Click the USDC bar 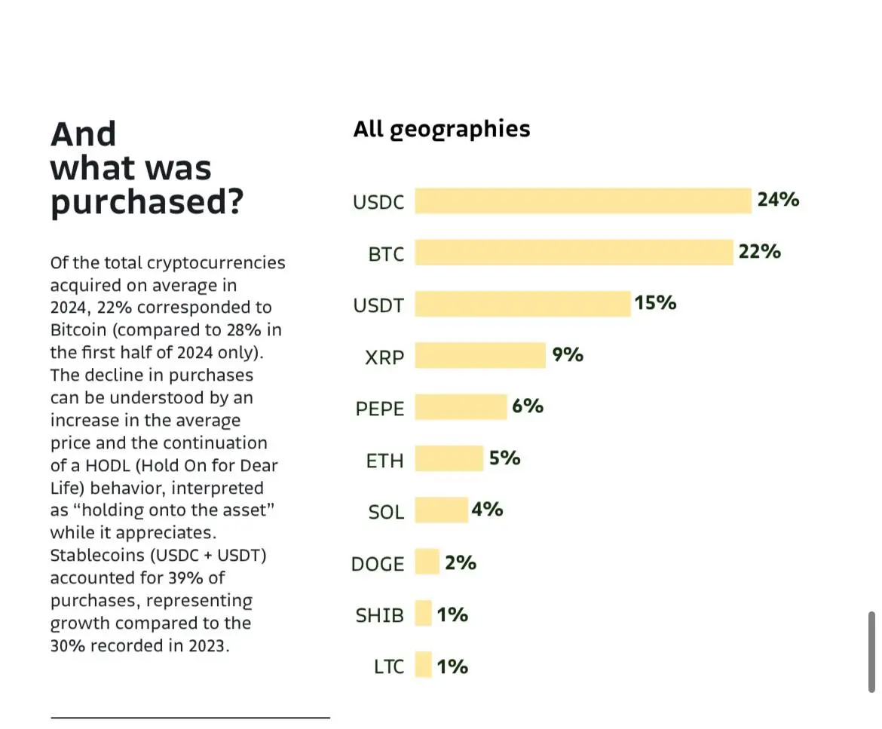pyautogui.click(x=583, y=201)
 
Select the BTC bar pyautogui.click(x=574, y=253)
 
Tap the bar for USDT pyautogui.click(x=522, y=304)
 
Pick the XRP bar pyautogui.click(x=480, y=355)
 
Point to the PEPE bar pyautogui.click(x=461, y=407)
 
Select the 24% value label pyautogui.click(x=778, y=200)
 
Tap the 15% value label pyautogui.click(x=655, y=303)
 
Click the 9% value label pyautogui.click(x=568, y=354)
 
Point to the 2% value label pyautogui.click(x=461, y=563)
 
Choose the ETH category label pyautogui.click(x=385, y=461)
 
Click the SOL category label pyautogui.click(x=386, y=512)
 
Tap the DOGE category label pyautogui.click(x=378, y=564)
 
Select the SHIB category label pyautogui.click(x=380, y=615)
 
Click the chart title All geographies pyautogui.click(x=442, y=129)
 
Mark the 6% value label pyautogui.click(x=528, y=406)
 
